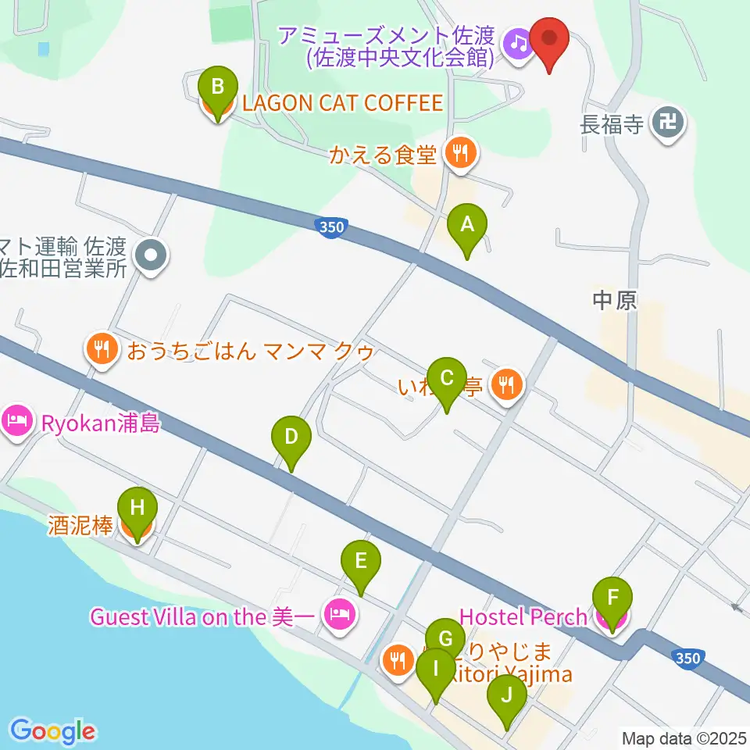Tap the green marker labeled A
pyautogui.click(x=467, y=227)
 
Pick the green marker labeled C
pyautogui.click(x=447, y=380)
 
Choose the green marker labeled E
pyautogui.click(x=360, y=562)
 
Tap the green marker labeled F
pyautogui.click(x=613, y=601)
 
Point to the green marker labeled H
pyautogui.click(x=137, y=509)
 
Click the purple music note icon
pyautogui.click(x=517, y=42)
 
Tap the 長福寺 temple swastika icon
pyautogui.click(x=669, y=123)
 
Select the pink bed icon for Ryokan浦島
pyautogui.click(x=16, y=422)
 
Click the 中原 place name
pyautogui.click(x=615, y=300)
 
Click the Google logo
pyautogui.click(x=52, y=731)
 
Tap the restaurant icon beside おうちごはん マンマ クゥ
pyautogui.click(x=101, y=348)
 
